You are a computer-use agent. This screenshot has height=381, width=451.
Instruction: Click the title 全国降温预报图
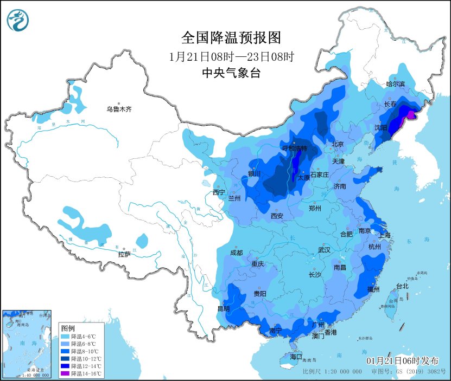pyautogui.click(x=231, y=38)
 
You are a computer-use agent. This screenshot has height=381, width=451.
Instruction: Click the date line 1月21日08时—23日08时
pyautogui.click(x=231, y=57)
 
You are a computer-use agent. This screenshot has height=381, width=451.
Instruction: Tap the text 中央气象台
pyautogui.click(x=231, y=73)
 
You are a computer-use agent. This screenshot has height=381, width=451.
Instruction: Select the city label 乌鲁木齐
pyautogui.click(x=119, y=109)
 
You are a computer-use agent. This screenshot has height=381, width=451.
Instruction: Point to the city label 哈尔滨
pyautogui.click(x=395, y=84)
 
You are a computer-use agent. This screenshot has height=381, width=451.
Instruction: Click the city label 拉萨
pyautogui.click(x=124, y=254)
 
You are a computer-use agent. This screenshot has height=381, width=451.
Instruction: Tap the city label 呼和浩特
pyautogui.click(x=295, y=148)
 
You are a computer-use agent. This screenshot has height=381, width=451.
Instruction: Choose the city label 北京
pyautogui.click(x=338, y=144)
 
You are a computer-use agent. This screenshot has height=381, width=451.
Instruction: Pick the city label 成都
pyautogui.click(x=236, y=253)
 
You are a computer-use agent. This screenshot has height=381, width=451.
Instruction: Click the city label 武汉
pyautogui.click(x=325, y=250)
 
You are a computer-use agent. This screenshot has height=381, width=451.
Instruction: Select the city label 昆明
pyautogui.click(x=223, y=309)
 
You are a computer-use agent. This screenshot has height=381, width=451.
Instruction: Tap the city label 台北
pyautogui.click(x=402, y=286)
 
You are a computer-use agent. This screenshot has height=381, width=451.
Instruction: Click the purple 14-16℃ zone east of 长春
pyautogui.click(x=411, y=114)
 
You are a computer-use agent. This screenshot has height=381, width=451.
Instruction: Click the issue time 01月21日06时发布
pyautogui.click(x=402, y=361)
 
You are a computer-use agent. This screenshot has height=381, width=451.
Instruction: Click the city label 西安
pyautogui.click(x=277, y=216)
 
